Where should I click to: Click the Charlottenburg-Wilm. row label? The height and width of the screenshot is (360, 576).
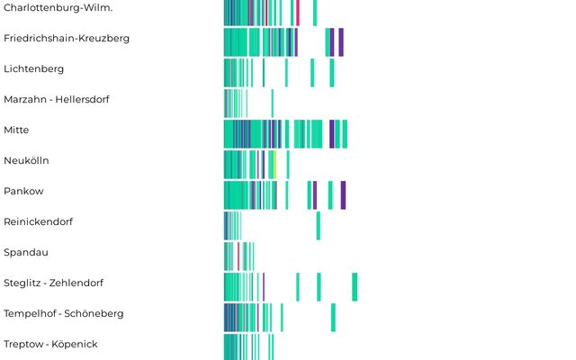click(x=64, y=8)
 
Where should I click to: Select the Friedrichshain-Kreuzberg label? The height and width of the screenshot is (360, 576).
click(x=67, y=39)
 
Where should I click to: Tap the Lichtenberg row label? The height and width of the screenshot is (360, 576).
click(x=34, y=69)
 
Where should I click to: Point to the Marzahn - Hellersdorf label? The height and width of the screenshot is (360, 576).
click(x=57, y=100)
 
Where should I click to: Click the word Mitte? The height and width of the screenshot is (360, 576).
click(x=16, y=130)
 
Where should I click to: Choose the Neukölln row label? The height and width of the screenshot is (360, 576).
click(x=26, y=161)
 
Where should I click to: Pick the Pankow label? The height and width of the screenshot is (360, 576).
click(x=23, y=192)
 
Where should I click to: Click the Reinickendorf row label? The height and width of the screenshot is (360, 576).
click(x=39, y=222)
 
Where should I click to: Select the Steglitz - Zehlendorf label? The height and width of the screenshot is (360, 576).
click(x=54, y=283)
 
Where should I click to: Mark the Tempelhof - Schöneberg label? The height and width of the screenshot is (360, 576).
click(x=64, y=314)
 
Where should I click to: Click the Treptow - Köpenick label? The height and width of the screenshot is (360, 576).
click(x=50, y=345)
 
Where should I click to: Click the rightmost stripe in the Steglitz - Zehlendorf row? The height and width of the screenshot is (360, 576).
click(x=355, y=286)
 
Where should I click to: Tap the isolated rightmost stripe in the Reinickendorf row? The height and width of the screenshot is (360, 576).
click(x=318, y=225)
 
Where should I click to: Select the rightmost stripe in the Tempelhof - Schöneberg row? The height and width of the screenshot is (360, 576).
click(x=333, y=317)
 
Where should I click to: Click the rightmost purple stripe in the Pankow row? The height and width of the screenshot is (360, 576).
click(x=343, y=194)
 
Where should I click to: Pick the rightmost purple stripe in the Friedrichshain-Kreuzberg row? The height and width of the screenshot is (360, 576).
click(x=341, y=42)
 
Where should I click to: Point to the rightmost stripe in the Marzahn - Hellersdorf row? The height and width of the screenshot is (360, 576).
click(x=272, y=103)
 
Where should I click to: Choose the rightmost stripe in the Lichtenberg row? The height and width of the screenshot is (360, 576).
click(x=332, y=73)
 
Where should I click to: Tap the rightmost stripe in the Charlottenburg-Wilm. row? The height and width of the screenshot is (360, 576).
click(x=314, y=13)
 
